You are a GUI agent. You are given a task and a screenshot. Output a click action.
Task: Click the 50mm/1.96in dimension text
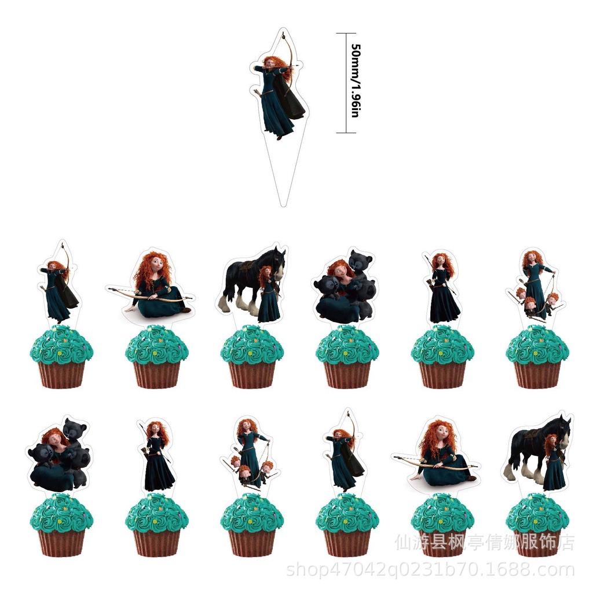click(x=355, y=82)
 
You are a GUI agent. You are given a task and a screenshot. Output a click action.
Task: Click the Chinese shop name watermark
click(x=485, y=543)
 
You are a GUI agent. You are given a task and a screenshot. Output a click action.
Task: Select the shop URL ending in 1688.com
click(x=431, y=570)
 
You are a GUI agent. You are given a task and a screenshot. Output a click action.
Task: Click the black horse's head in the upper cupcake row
click(x=277, y=259)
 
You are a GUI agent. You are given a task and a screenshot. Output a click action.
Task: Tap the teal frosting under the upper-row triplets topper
click(x=537, y=345)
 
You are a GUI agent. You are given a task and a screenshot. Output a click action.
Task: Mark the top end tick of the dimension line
click(x=346, y=34)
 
